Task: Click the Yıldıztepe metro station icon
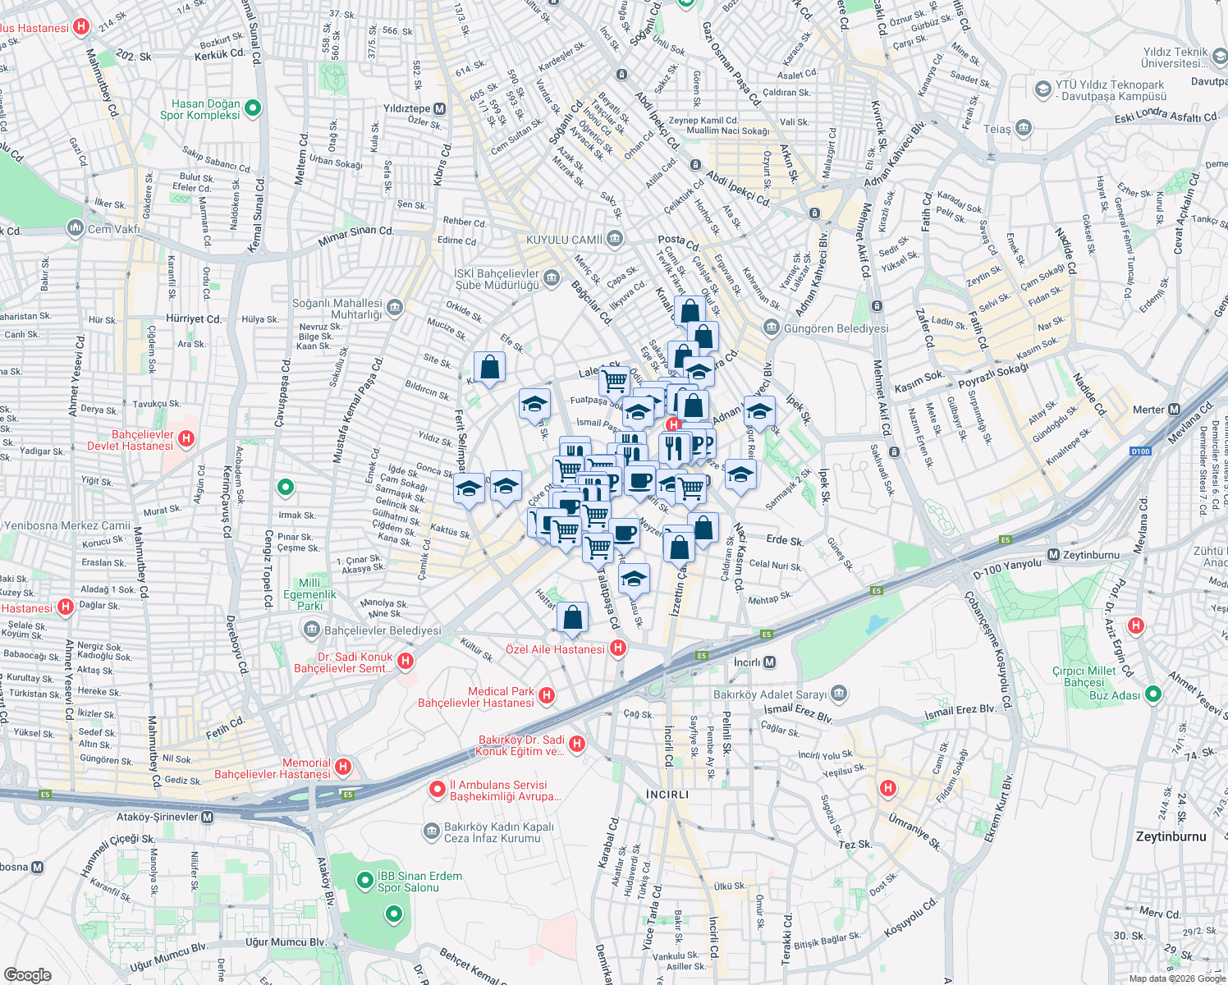440,109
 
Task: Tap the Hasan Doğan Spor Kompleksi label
200,109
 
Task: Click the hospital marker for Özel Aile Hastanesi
618,648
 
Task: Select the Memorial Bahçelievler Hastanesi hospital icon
343,767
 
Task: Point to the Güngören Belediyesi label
836,328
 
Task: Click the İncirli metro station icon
769,662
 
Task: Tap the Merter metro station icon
1174,409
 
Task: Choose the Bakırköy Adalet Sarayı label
769,694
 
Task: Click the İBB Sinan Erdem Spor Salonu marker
365,881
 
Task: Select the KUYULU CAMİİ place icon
615,239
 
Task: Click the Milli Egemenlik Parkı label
310,594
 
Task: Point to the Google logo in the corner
27,974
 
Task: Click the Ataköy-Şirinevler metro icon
207,817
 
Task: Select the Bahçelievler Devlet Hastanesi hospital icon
186,439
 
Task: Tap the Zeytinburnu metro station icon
1053,555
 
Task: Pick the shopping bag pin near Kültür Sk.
572,617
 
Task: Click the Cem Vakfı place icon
76,227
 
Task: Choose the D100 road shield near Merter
1140,451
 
